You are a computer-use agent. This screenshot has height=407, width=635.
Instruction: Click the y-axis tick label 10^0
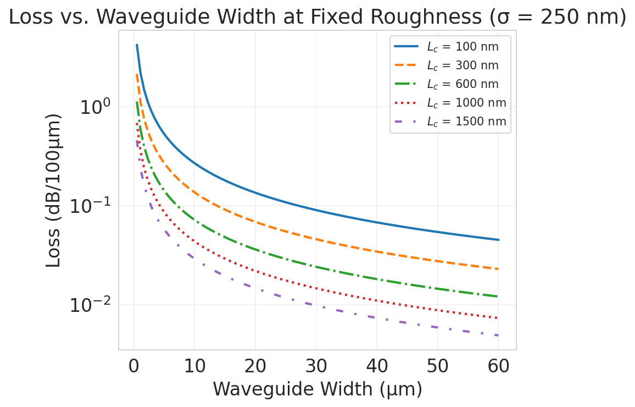pyautogui.click(x=96, y=107)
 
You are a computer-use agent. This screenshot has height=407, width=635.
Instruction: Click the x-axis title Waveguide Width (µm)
pyautogui.click(x=317, y=389)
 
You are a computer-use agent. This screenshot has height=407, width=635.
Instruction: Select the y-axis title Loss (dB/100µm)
pyautogui.click(x=53, y=190)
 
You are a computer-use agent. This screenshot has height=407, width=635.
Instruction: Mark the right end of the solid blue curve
pyautogui.click(x=498, y=240)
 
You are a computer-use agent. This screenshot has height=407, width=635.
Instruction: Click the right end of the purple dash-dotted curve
pyautogui.click(x=498, y=335)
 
